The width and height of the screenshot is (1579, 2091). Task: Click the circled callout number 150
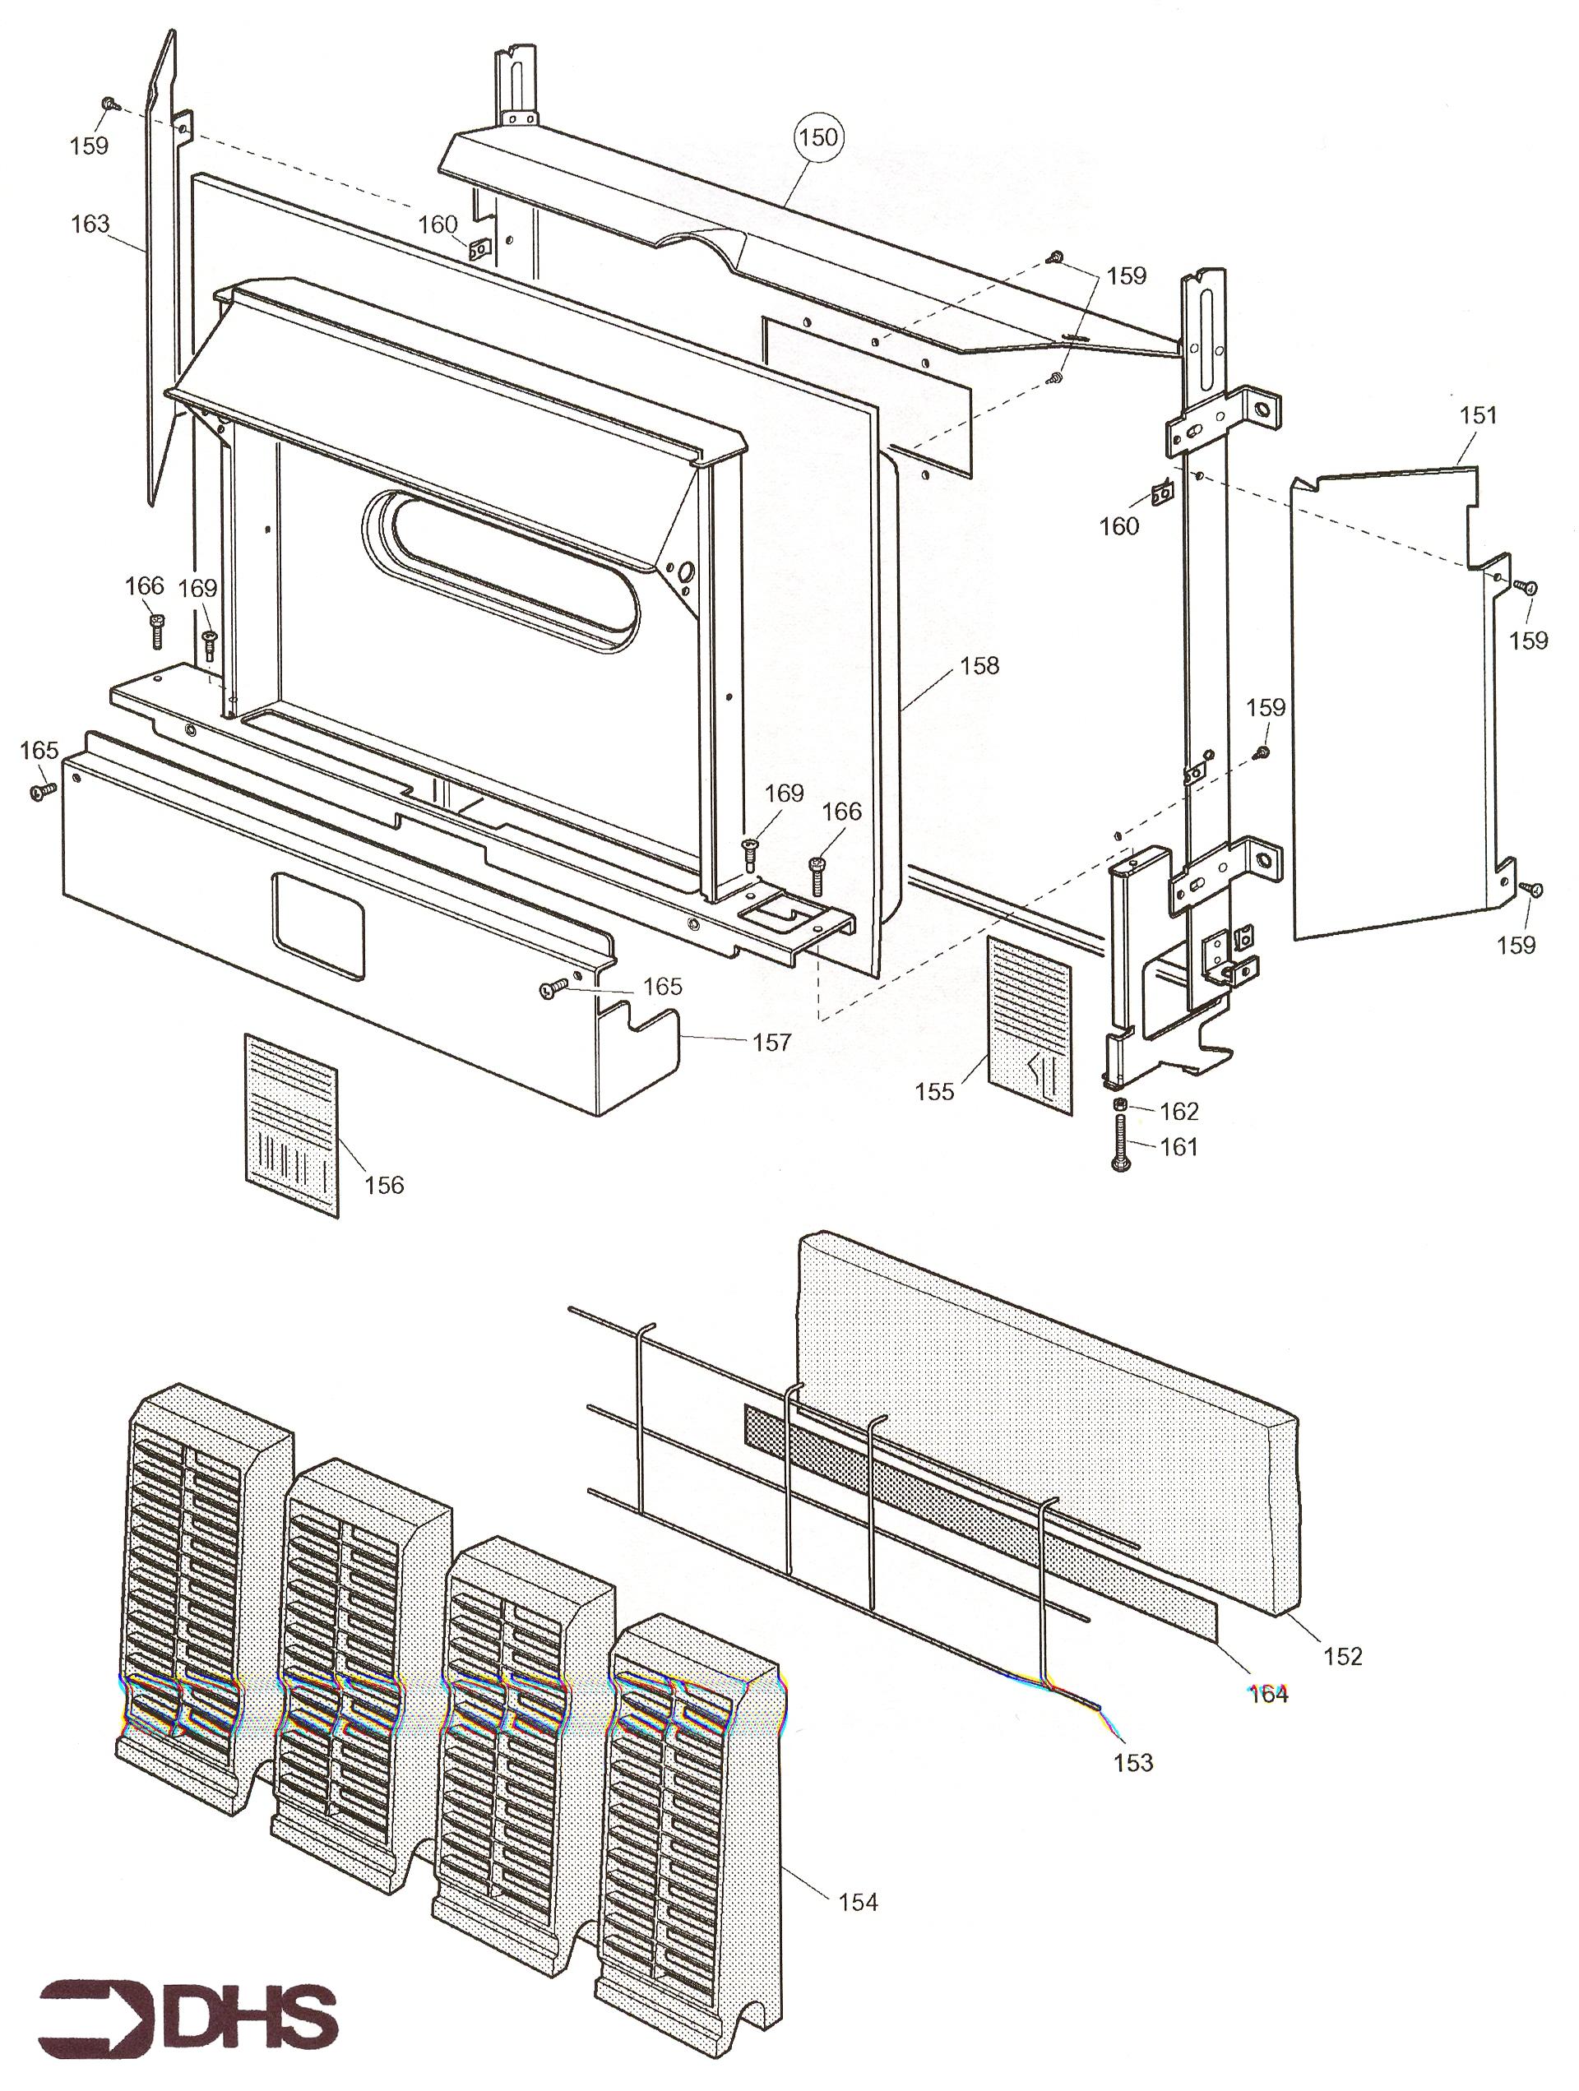pyautogui.click(x=817, y=138)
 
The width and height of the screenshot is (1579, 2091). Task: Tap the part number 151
pyautogui.click(x=1478, y=415)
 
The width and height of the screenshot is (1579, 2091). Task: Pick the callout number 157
pyautogui.click(x=771, y=1042)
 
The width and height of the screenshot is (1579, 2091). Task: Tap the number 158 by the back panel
pyautogui.click(x=979, y=665)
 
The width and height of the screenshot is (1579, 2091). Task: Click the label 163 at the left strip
pyautogui.click(x=90, y=224)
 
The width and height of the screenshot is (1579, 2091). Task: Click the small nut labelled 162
pyautogui.click(x=1120, y=1104)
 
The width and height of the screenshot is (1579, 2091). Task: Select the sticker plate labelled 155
pyautogui.click(x=1030, y=1024)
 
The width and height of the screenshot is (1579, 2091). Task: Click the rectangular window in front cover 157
pyautogui.click(x=317, y=924)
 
